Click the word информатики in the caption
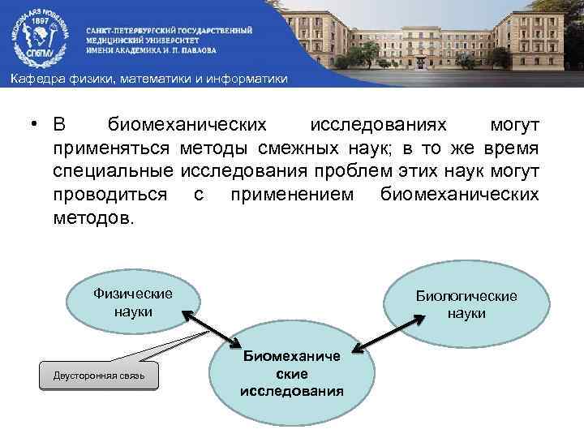click(247, 78)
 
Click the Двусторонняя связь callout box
click(99, 376)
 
